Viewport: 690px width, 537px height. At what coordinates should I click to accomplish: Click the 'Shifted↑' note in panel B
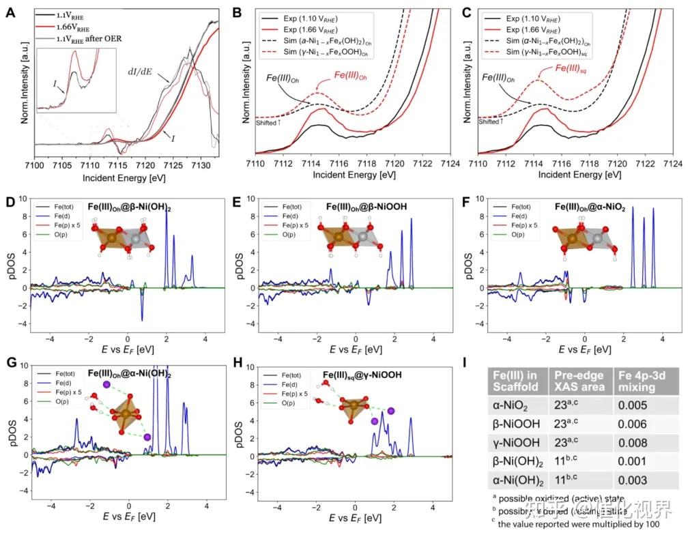pyautogui.click(x=268, y=123)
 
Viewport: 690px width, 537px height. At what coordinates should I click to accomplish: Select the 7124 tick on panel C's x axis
pyautogui.click(x=673, y=165)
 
